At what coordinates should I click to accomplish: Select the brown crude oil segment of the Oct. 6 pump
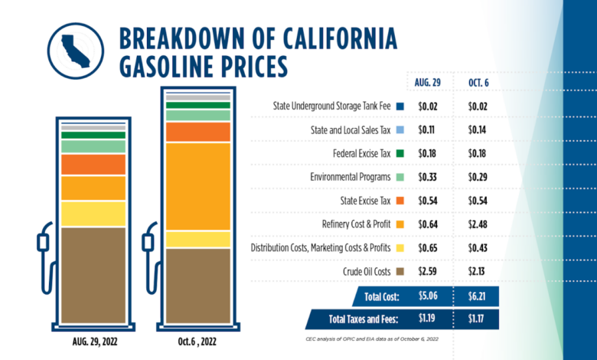[198, 285]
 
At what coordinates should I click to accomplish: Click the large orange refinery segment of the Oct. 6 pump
[198, 186]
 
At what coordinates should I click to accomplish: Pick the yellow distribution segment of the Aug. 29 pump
[93, 214]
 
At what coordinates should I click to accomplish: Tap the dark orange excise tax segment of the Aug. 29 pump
[93, 164]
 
